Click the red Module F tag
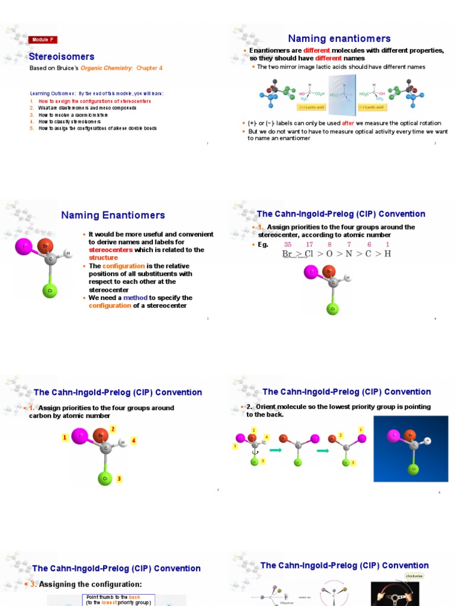43,40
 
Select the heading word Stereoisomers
62,57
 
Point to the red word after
348,123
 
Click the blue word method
135,298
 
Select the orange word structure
104,258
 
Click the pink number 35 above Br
288,244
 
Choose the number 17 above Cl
309,244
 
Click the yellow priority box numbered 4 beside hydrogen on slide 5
134,440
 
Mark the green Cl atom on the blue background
414,469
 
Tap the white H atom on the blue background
428,440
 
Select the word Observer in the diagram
287,602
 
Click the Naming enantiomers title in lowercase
339,38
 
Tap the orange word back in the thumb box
134,597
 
